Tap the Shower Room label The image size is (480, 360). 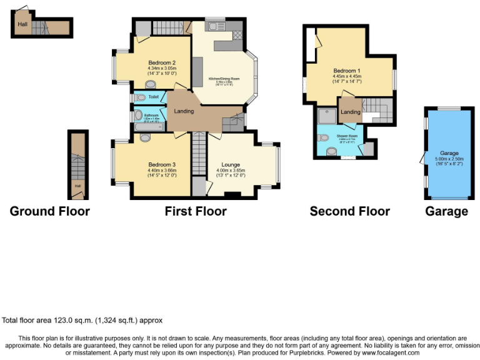point(347,136)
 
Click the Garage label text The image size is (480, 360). point(449,153)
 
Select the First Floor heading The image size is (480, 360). point(195,211)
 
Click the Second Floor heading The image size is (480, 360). point(349,211)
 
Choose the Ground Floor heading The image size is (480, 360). point(49,211)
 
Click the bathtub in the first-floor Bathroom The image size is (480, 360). point(149,126)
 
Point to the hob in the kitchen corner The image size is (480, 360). point(237,35)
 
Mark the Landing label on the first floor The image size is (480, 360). point(184,111)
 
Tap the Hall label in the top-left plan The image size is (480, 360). point(22,24)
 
